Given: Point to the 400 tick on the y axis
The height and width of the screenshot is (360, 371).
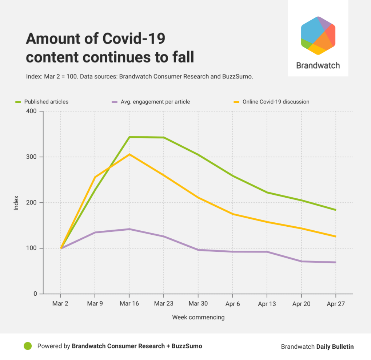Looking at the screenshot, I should (31, 111).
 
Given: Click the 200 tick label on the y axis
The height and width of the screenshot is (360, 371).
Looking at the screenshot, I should (31, 203).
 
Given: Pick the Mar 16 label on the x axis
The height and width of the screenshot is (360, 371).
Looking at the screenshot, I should (129, 304).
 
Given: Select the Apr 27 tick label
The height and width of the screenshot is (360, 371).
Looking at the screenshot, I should (335, 304).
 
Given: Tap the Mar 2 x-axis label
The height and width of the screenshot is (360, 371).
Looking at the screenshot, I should (60, 304).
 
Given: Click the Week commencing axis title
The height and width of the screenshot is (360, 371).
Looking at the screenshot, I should (198, 317).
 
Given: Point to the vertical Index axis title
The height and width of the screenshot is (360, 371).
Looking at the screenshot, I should (16, 203).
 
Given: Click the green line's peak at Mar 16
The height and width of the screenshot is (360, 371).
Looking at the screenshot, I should (129, 137).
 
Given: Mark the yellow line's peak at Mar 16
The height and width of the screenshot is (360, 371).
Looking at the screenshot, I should (129, 154).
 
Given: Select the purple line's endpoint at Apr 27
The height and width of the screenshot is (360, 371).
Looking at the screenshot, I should (335, 262).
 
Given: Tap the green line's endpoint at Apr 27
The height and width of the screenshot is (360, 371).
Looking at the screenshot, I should (335, 210).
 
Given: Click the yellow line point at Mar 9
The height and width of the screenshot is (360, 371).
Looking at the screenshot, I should (95, 177).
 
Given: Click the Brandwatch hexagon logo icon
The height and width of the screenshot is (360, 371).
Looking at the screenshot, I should (318, 36).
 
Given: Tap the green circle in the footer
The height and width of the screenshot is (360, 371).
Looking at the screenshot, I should (28, 346).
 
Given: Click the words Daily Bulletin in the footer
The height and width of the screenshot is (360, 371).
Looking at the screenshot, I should (335, 347).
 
